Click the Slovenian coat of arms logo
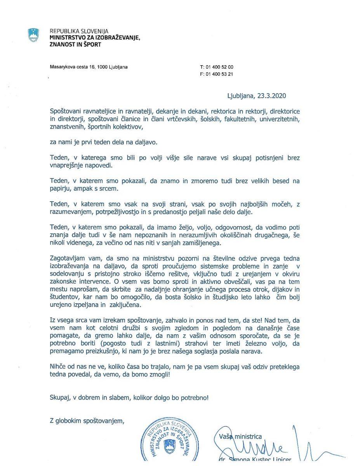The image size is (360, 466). tap(34, 35)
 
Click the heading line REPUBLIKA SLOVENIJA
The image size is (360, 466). tap(79, 31)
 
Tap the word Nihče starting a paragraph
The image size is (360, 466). tap(59, 366)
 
